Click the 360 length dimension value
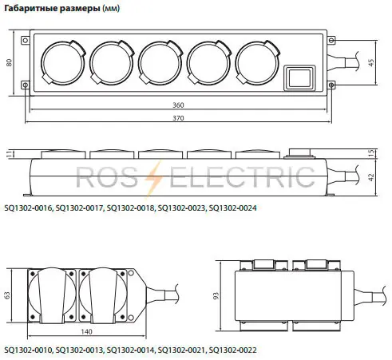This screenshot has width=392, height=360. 178,105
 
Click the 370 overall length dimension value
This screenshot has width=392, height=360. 178,118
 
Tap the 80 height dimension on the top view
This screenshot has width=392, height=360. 10,63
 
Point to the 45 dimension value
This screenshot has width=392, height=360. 371,62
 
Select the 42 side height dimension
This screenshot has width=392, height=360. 371,177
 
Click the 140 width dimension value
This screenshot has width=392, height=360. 86,332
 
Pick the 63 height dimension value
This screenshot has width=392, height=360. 7,295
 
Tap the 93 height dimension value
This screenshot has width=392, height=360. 216,296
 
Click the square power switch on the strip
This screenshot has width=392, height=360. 299,78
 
